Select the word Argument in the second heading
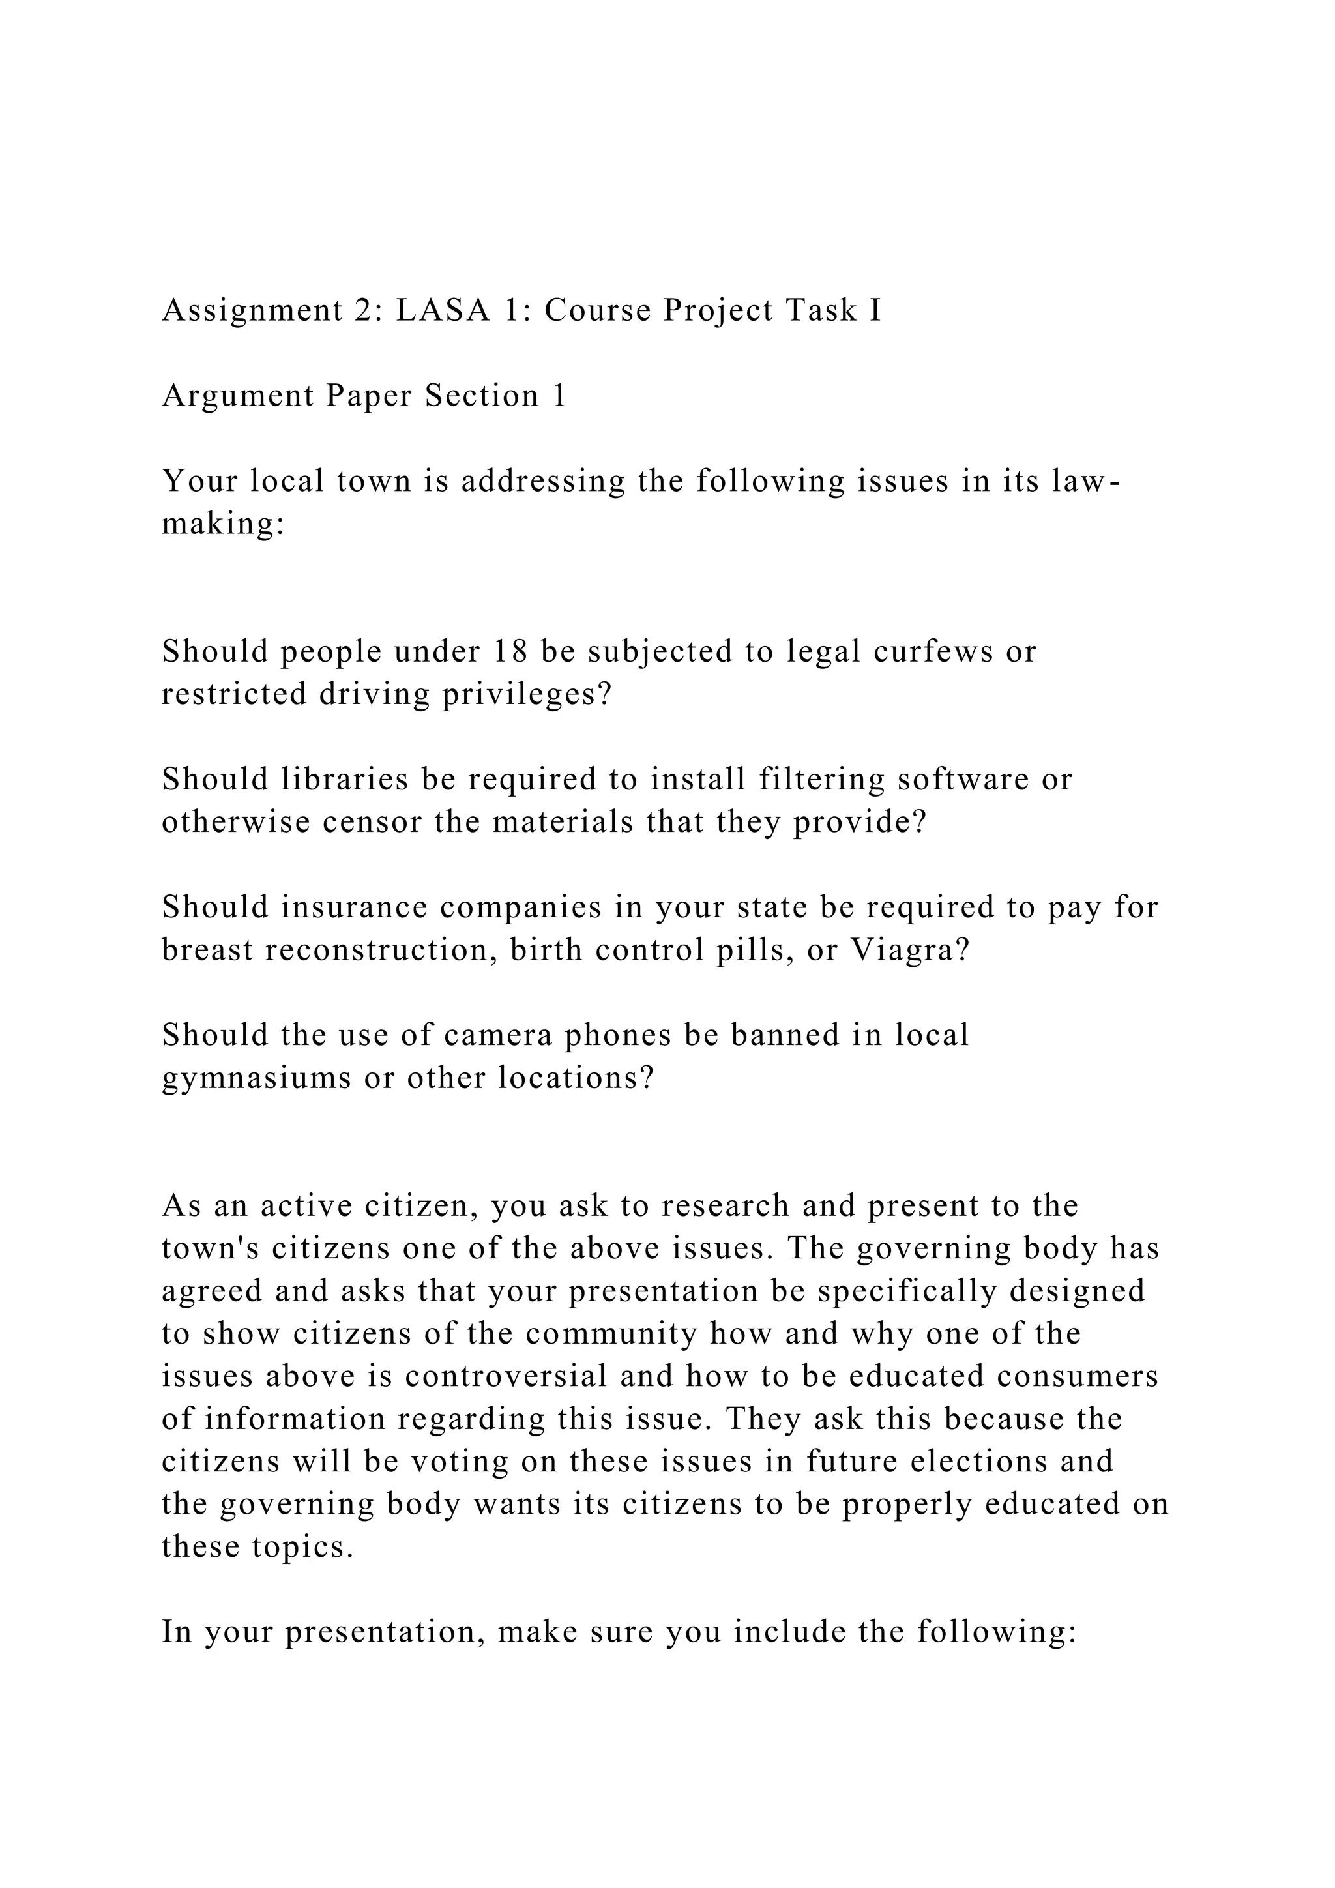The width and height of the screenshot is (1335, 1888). (x=237, y=396)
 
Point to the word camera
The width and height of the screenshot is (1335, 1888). (x=498, y=1035)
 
